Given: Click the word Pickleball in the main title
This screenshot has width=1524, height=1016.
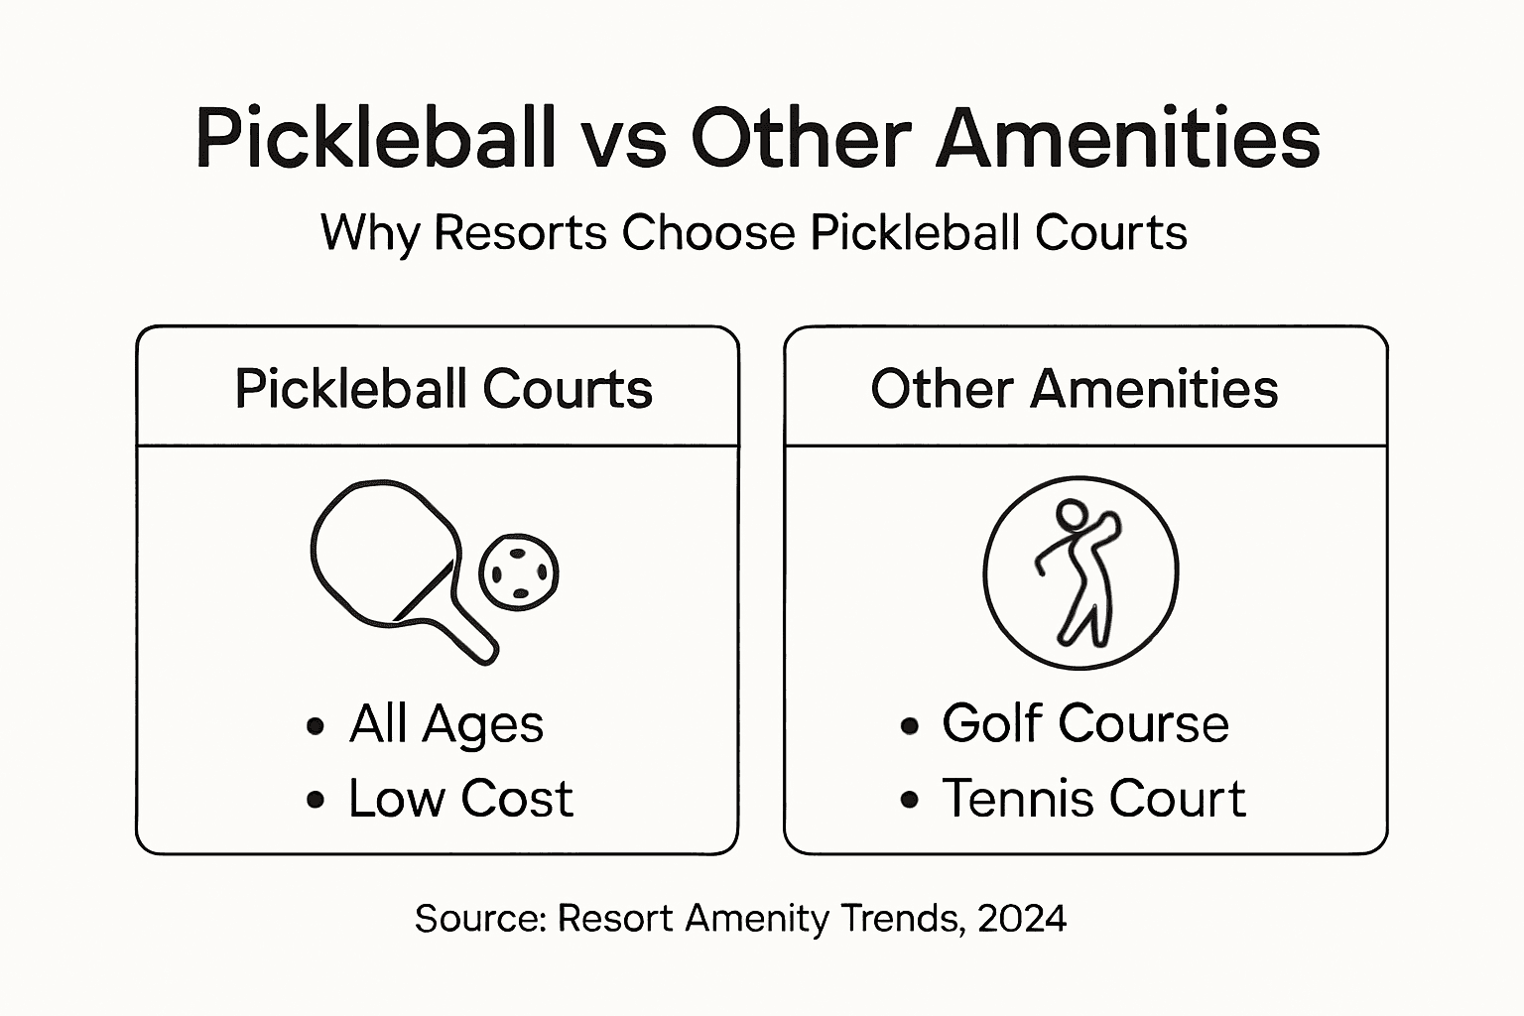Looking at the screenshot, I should tap(374, 138).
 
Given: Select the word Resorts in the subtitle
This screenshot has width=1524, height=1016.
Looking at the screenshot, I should tap(520, 233).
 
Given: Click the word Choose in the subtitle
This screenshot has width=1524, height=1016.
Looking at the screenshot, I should tap(708, 233).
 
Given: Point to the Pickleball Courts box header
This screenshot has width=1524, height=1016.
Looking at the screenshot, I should tap(444, 389).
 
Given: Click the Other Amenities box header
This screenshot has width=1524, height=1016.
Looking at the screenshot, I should tap(1074, 389).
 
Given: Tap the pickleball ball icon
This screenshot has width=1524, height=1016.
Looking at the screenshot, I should tap(519, 572).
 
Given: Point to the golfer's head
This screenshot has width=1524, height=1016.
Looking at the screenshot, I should tap(1071, 516).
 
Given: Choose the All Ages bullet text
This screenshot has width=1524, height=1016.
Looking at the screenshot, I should tap(445, 724).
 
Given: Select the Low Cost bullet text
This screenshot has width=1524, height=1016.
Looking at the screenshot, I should tap(460, 799).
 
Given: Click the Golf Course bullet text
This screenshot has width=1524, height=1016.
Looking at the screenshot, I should tap(1085, 723).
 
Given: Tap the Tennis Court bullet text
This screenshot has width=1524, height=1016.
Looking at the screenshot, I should tap(1093, 799).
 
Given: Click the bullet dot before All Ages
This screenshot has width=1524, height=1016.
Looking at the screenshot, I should tap(316, 726).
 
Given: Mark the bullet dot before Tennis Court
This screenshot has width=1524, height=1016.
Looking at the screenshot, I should tap(909, 800).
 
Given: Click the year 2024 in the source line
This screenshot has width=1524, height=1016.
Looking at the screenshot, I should tap(1022, 919).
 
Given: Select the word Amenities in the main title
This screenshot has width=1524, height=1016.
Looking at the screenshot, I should tap(1128, 138).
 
